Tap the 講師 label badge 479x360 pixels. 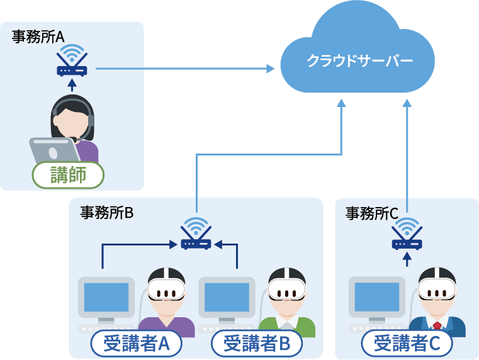pyautogui.click(x=68, y=174)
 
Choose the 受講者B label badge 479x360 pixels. pyautogui.click(x=257, y=344)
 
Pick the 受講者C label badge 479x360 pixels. pyautogui.click(x=407, y=344)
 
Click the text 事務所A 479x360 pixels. pyautogui.click(x=38, y=37)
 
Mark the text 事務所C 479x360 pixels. pyautogui.click(x=372, y=213)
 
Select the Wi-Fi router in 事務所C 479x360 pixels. pyautogui.click(x=407, y=235)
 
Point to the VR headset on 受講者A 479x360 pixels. pyautogui.click(x=166, y=290)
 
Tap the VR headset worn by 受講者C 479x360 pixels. pyautogui.click(x=437, y=290)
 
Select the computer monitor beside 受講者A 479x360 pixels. pyautogui.click(x=106, y=298)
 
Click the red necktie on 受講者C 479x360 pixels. pyautogui.click(x=436, y=325)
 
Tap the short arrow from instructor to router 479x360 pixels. pyautogui.click(x=72, y=86)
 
